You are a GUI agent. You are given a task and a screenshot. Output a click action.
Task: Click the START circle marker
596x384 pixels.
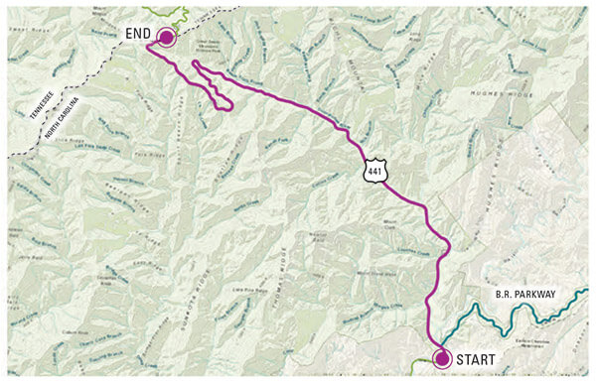[442, 359]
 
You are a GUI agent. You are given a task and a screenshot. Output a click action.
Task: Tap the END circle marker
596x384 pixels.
[166, 37]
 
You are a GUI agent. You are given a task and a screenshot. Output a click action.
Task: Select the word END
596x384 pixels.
[136, 34]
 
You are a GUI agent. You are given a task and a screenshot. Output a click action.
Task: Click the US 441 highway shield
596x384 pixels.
[372, 169]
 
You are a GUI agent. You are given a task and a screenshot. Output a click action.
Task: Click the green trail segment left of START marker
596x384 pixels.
[422, 363]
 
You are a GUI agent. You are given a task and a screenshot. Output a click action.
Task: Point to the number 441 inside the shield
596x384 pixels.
[372, 171]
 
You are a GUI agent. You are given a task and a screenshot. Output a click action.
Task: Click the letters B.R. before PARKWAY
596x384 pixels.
[503, 293]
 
